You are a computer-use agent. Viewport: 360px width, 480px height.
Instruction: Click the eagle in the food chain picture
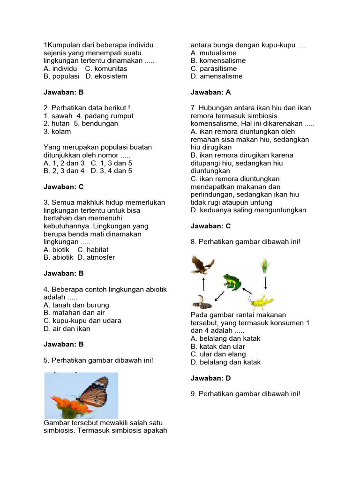(202, 265)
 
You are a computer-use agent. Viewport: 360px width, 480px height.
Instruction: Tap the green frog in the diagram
(232, 282)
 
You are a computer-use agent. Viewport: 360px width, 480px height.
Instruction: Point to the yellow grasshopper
(261, 301)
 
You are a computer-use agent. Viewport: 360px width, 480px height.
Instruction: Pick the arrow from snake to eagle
(203, 284)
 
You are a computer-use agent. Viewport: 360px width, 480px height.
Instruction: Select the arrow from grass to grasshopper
(266, 283)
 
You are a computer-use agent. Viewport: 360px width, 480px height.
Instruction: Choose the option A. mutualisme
(213, 53)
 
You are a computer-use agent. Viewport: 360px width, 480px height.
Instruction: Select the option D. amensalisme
(216, 76)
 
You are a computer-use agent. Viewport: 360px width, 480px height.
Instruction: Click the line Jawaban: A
(210, 92)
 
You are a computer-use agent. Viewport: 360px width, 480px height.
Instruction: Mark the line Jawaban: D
(210, 378)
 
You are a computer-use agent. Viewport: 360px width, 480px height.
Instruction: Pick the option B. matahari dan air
(74, 313)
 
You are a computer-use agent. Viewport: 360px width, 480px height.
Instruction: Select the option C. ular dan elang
(218, 354)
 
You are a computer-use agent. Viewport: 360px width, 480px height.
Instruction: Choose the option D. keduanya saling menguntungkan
(248, 210)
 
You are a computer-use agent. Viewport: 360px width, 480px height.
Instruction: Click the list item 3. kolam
(57, 131)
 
